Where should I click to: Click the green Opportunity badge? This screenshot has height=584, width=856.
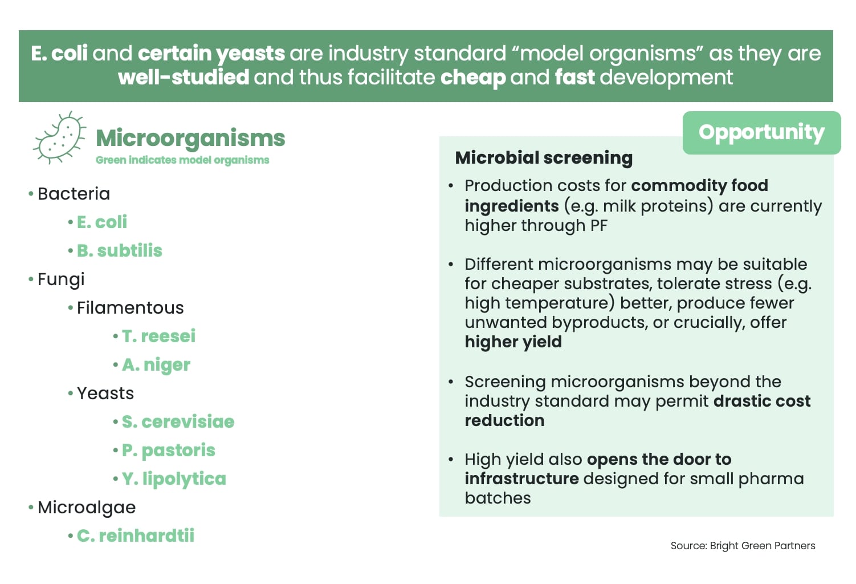pos(761,132)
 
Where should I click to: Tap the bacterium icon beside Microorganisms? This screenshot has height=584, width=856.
pos(59,137)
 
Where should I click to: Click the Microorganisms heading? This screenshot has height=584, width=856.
pos(190,138)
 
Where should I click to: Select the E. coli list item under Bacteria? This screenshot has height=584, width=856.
pos(101,222)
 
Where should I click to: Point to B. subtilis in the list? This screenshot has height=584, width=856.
pos(119,250)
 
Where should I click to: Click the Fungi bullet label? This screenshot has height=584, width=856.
pos(61,279)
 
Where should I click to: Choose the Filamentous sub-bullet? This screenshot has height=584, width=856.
pos(130,307)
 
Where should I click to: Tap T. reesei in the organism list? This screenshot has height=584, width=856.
pos(158,336)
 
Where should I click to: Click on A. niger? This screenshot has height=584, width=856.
pos(156,364)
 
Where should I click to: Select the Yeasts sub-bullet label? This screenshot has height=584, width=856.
pos(105,393)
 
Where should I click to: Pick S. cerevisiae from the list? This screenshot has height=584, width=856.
pos(178,421)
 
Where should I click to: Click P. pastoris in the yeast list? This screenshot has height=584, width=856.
pos(168,450)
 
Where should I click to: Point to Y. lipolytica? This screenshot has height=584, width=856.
pos(174,478)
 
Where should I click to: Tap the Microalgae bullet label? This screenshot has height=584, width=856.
pos(87,507)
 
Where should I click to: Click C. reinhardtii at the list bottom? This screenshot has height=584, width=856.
pos(135,536)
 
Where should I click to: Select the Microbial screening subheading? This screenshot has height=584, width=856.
pos(544,157)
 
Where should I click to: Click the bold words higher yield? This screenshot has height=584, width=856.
pos(513,342)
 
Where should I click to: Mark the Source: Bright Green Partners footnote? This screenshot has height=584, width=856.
pos(743,546)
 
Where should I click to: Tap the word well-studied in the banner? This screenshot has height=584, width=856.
pos(184,77)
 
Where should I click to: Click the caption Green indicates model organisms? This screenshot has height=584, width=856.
pos(182,160)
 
